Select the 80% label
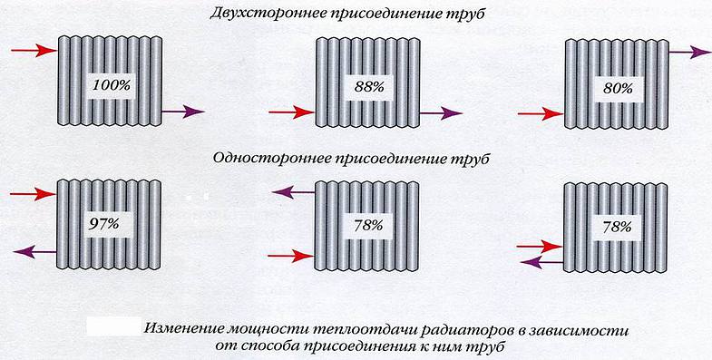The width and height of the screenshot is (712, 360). pyautogui.click(x=616, y=89)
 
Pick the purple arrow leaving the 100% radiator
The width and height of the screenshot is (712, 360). pyautogui.click(x=182, y=112)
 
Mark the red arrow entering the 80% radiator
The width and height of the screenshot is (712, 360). pyautogui.click(x=540, y=113)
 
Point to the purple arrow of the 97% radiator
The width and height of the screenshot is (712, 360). pyautogui.click(x=34, y=250)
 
